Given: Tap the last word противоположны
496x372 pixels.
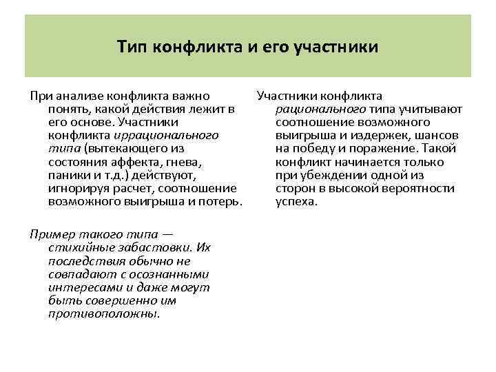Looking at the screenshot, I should tap(103, 313).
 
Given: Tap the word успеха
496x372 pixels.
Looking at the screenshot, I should tap(296, 201).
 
